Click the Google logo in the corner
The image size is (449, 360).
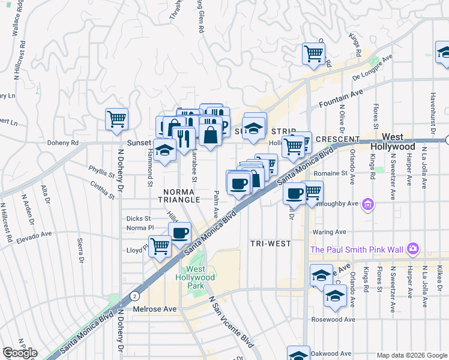click(x=20, y=353)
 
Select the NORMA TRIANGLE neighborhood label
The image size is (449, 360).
click(x=176, y=196)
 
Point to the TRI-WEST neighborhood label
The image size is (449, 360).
click(x=270, y=243)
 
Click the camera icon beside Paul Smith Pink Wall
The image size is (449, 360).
click(x=412, y=248)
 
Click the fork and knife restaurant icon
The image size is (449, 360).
click(x=183, y=139)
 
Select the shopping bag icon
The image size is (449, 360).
click(x=211, y=135)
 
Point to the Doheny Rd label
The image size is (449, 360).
click(x=62, y=143)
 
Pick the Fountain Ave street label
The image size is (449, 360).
click(x=342, y=97)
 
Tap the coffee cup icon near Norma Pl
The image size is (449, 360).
click(x=181, y=233)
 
